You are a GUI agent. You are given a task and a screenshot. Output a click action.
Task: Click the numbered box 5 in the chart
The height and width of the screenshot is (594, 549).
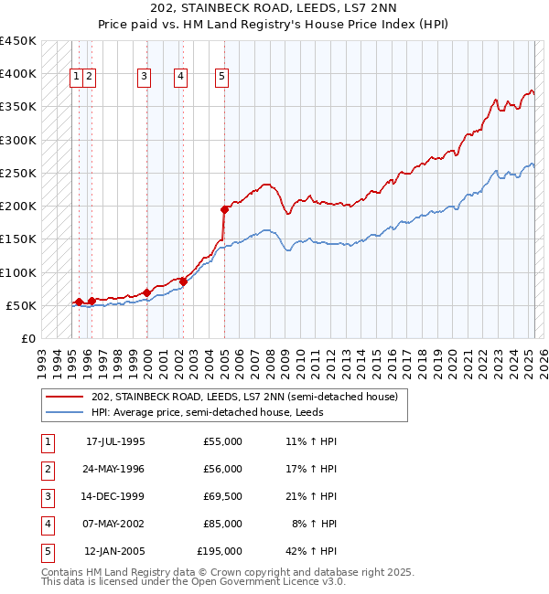[222, 77]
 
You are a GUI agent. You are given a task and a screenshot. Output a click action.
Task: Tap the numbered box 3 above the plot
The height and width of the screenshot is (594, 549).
[144, 77]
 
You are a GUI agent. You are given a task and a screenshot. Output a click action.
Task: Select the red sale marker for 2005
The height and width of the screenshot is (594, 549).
[224, 209]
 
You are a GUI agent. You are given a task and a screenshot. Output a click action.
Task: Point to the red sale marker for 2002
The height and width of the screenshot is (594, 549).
[183, 281]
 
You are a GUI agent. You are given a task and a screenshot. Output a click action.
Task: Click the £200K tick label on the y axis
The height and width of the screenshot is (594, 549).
[17, 207]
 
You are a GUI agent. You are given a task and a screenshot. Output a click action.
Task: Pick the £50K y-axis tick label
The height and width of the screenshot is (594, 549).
[21, 305]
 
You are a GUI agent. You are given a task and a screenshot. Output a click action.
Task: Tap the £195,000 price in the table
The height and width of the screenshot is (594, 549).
[220, 551]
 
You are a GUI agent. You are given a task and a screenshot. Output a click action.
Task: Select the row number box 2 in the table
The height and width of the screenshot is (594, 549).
[47, 469]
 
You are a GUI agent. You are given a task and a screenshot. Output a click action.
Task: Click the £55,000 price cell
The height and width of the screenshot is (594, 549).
[222, 441]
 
